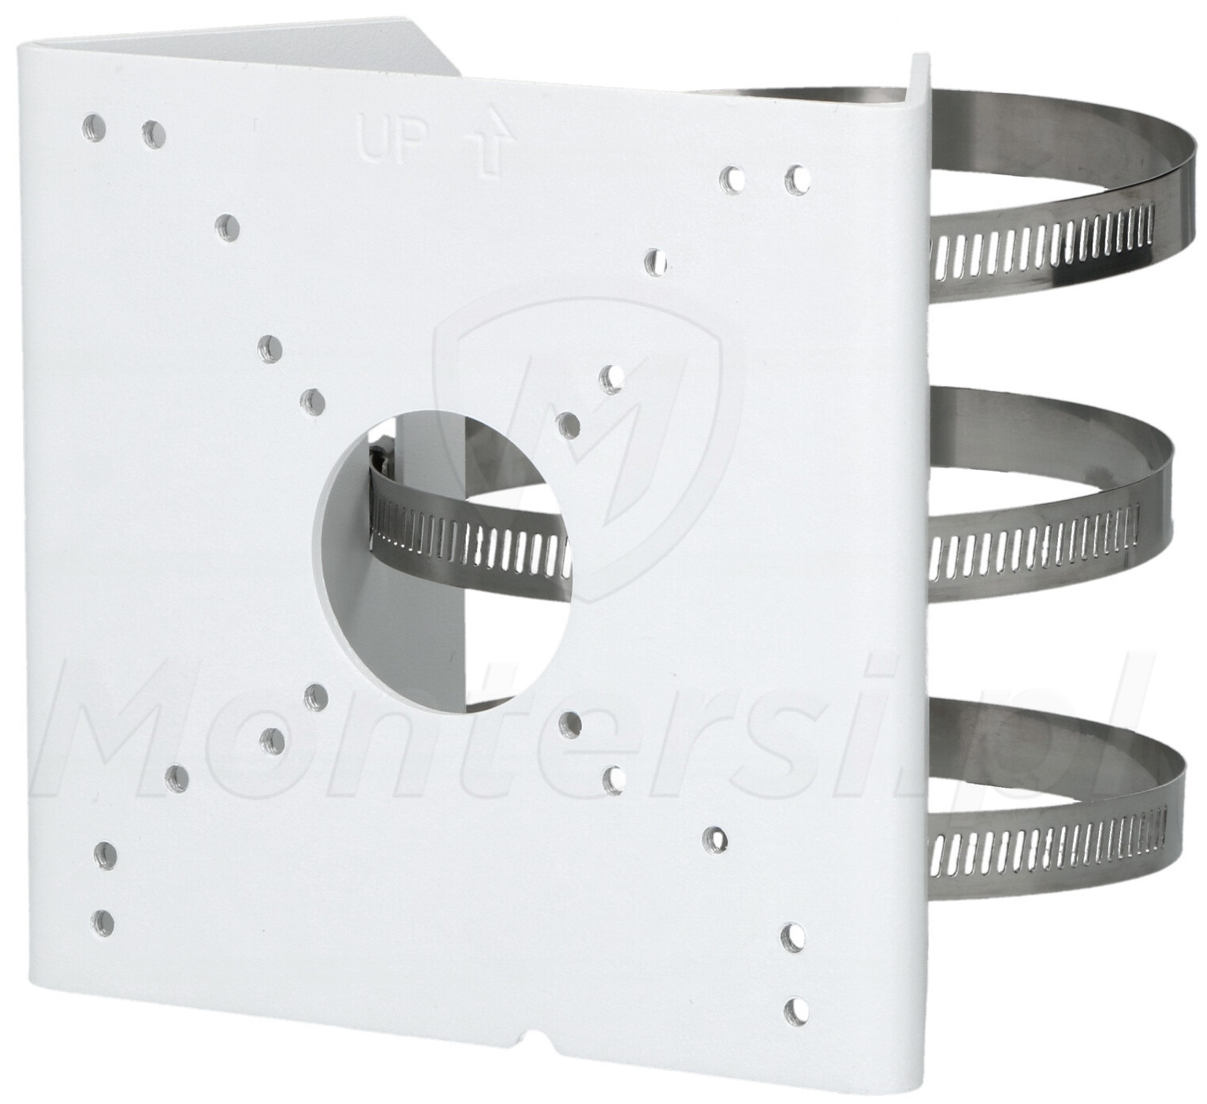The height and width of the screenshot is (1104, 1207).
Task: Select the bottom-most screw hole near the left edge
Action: pyautogui.click(x=105, y=937)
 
